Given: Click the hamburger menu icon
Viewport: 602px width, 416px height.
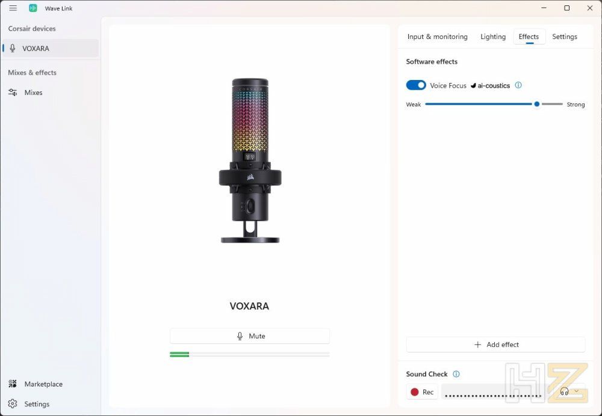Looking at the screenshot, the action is coord(13,8).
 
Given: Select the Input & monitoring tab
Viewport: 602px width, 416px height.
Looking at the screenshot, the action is coord(437,37).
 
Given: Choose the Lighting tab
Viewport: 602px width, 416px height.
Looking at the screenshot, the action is coord(493,37).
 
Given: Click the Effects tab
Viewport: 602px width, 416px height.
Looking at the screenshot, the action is coord(529,37).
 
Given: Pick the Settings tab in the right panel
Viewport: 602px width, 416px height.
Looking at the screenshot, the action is coord(565,37).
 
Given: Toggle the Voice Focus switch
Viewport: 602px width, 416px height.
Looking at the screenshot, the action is coord(416,85).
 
